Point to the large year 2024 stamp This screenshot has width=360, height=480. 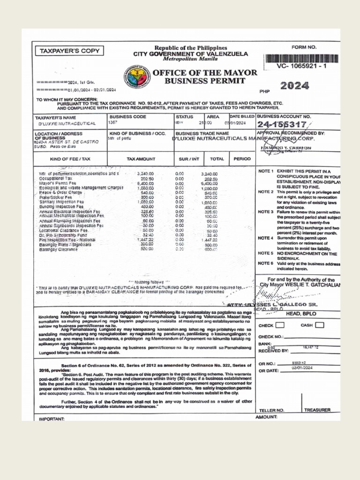coord(294,86)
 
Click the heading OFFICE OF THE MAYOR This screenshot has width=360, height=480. coord(205,73)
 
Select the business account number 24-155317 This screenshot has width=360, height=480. coord(281,125)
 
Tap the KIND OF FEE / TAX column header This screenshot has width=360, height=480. coord(70,159)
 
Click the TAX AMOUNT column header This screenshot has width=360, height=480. coord(141,159)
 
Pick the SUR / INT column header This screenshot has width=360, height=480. coord(189,159)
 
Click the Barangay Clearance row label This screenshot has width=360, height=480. coord(58,249)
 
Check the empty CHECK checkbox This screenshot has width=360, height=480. coord(279,325)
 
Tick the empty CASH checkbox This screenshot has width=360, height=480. coord(320,325)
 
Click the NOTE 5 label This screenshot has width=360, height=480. coord(265,254)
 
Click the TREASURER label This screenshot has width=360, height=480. coord(317,410)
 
